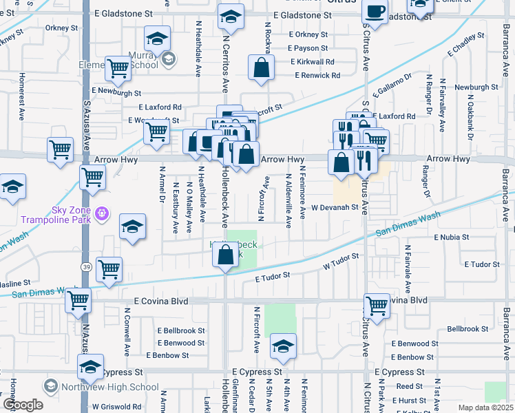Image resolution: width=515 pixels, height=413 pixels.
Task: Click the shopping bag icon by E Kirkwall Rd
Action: click(x=261, y=68)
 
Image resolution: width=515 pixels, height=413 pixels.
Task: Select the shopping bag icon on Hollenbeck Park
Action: click(x=225, y=255)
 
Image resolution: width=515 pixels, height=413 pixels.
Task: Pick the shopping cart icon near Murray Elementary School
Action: click(x=118, y=68)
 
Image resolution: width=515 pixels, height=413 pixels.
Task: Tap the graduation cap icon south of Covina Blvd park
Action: click(x=282, y=346)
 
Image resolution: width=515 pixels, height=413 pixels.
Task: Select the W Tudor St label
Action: click(x=341, y=261)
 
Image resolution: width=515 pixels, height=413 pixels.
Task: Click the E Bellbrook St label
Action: click(x=181, y=330)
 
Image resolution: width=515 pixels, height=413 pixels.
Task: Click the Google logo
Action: click(x=23, y=405)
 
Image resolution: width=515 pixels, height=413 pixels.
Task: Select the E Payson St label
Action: click(x=312, y=48)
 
